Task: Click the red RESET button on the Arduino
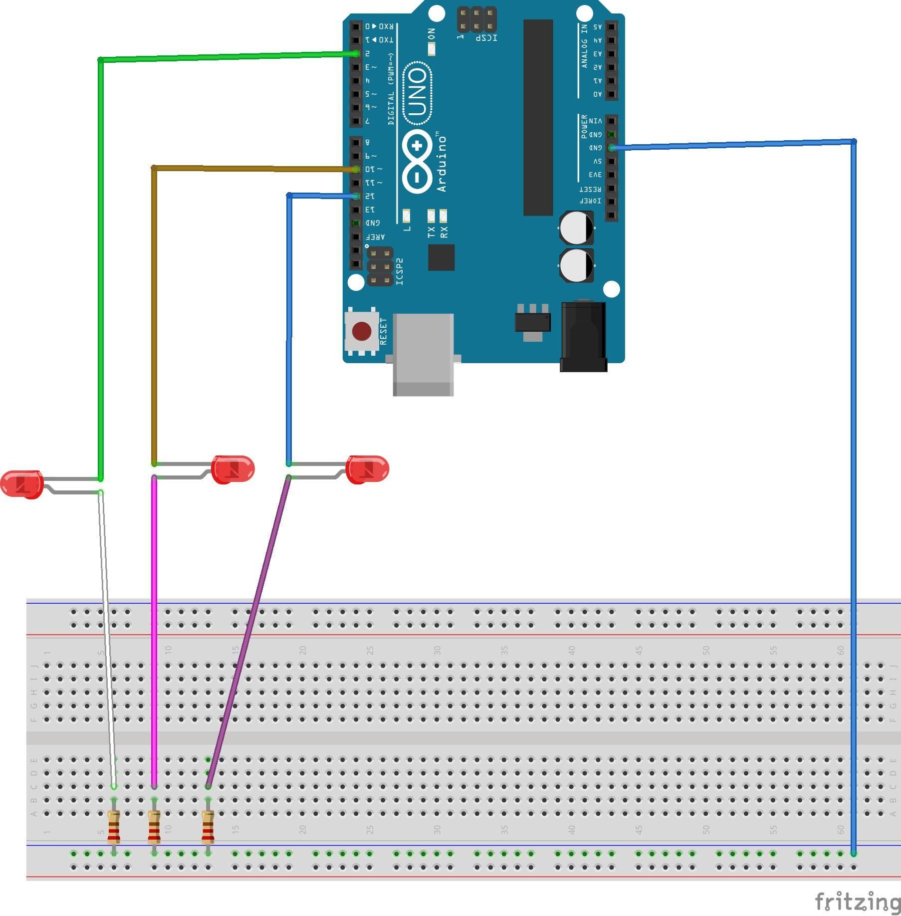click(x=361, y=331)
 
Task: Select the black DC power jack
click(x=583, y=337)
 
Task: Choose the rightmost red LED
click(x=368, y=469)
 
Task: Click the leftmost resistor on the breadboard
click(x=114, y=827)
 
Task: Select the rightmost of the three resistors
click(x=208, y=827)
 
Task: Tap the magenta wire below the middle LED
click(x=154, y=624)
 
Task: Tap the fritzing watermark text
click(x=857, y=902)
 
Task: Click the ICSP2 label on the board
click(x=400, y=272)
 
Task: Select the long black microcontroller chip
click(x=538, y=117)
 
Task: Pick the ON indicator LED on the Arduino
click(x=432, y=48)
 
